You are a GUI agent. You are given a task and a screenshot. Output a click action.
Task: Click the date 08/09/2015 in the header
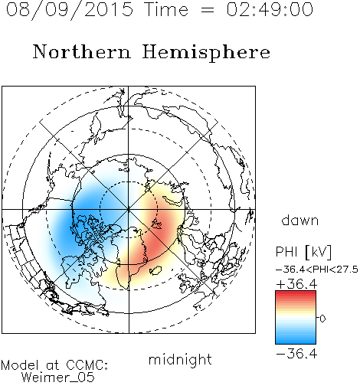[x=69, y=10]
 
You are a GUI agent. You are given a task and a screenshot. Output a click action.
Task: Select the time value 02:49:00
[x=270, y=9]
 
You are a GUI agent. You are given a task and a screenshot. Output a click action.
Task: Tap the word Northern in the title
[x=82, y=52]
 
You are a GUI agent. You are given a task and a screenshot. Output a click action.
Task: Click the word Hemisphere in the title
[x=206, y=53]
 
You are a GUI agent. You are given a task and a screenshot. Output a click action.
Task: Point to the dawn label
[x=300, y=220]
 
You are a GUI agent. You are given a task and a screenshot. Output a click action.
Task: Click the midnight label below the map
[x=180, y=359]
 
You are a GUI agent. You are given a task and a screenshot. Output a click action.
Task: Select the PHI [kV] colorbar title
[x=303, y=252]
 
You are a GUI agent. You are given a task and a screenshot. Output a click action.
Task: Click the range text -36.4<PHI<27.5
[x=317, y=270]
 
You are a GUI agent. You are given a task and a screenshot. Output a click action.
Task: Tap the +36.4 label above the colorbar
[x=296, y=284]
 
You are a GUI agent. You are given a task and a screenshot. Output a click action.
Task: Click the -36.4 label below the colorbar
[x=296, y=354]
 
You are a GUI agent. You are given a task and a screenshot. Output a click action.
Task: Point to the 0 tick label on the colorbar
[x=322, y=319]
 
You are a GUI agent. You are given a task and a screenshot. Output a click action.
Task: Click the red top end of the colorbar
[x=296, y=293]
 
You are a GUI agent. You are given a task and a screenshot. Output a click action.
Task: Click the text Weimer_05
[x=57, y=378]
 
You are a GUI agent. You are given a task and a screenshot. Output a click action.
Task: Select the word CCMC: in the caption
[x=87, y=365]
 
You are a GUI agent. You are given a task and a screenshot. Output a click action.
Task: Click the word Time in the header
[x=166, y=9]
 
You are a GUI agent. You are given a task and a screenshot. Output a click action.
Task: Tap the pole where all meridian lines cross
[x=129, y=210]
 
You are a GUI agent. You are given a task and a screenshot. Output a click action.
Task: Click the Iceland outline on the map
[x=155, y=270]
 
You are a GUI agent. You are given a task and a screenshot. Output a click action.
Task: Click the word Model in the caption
[x=20, y=365]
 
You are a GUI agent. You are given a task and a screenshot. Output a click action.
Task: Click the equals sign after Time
[x=207, y=11]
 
